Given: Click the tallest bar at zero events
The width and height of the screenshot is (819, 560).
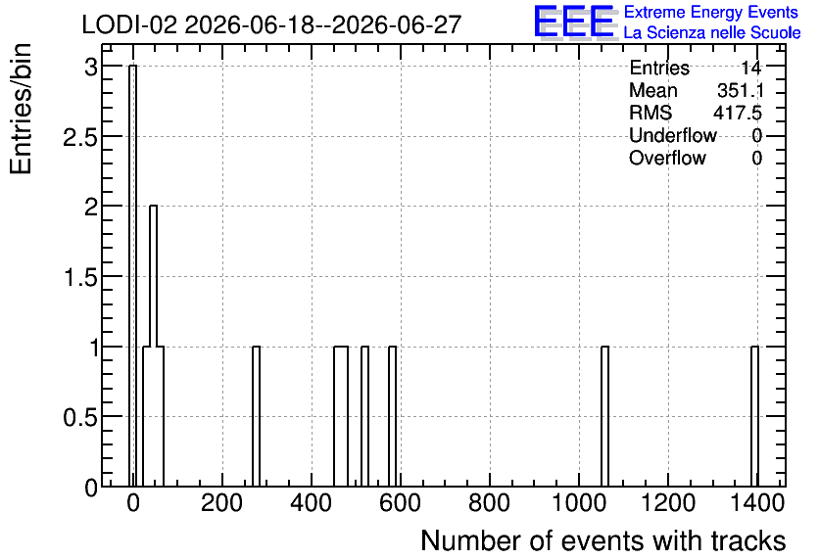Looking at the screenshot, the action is (132, 275).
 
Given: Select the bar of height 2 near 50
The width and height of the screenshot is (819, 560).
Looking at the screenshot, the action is (153, 346).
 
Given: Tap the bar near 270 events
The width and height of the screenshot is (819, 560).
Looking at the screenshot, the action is (256, 416).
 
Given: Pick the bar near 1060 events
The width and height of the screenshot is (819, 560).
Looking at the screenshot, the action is (604, 416).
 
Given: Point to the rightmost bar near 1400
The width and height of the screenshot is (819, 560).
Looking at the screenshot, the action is (754, 416).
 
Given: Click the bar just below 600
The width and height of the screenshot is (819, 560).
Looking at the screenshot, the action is (392, 416).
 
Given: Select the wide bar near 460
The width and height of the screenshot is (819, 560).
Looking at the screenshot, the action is (341, 416).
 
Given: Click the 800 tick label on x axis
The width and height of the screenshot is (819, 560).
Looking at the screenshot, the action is (489, 503).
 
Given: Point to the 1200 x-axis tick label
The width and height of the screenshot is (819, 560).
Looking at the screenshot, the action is (667, 503).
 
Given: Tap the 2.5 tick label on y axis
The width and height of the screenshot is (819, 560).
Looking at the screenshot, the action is (79, 137).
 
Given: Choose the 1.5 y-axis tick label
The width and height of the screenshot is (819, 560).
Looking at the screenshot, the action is (80, 277).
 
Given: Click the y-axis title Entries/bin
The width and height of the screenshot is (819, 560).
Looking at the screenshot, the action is (22, 109).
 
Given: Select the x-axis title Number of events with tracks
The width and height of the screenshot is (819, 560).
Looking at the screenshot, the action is (603, 540).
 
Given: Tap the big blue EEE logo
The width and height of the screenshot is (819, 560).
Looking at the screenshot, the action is (574, 22).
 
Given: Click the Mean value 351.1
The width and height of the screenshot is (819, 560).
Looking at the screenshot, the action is (740, 90).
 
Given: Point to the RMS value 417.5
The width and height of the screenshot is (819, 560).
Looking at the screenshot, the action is (738, 113).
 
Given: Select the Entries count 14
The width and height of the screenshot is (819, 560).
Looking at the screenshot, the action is (751, 68).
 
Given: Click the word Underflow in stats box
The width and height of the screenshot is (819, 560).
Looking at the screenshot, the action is (673, 135).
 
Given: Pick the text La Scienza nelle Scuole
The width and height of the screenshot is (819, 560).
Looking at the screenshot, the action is (712, 32).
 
